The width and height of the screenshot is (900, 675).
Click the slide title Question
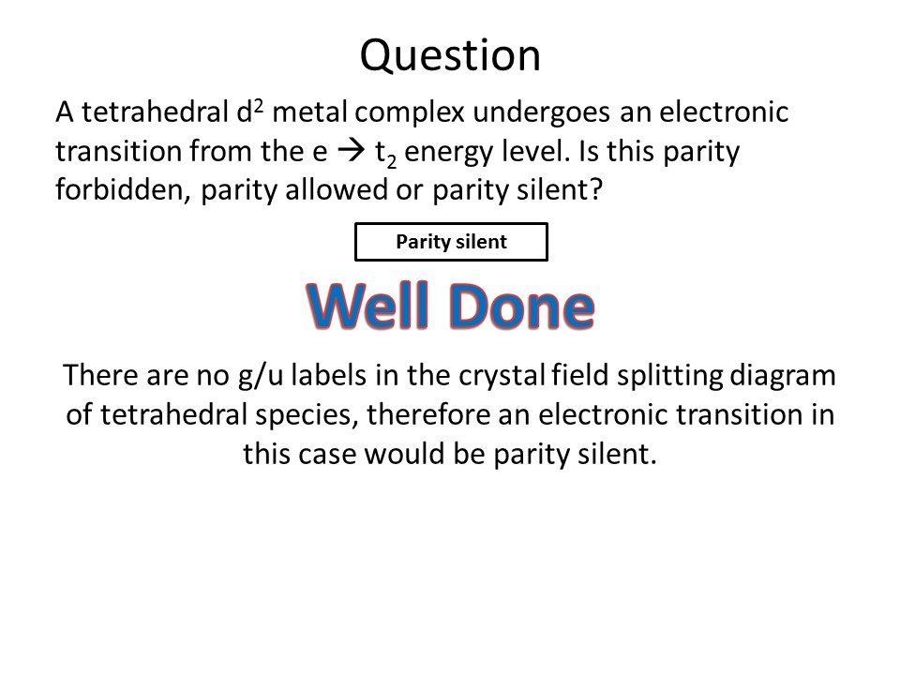tap(450, 56)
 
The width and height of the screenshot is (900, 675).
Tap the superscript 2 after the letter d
tap(259, 106)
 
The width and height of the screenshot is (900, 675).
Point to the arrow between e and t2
tap(352, 151)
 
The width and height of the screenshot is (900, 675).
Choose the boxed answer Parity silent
tap(451, 242)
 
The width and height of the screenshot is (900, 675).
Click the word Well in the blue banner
tap(368, 306)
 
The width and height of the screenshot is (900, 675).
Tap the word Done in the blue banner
tap(522, 306)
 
